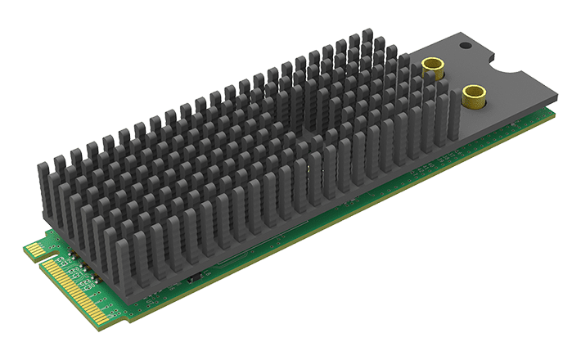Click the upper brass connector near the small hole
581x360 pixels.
[435, 65]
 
